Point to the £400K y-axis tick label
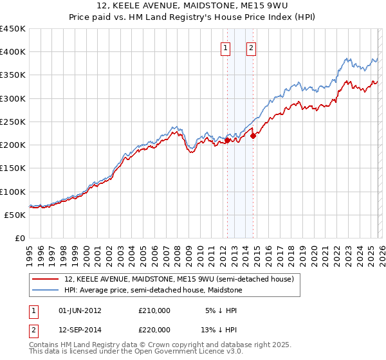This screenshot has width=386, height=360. (13, 52)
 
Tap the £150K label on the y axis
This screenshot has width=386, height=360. (13, 168)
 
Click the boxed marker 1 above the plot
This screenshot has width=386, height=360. (226, 48)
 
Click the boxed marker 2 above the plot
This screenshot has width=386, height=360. (251, 48)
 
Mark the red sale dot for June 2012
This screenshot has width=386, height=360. (227, 140)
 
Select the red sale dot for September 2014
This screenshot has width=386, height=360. (253, 136)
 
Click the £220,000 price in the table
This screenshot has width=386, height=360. (154, 328)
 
